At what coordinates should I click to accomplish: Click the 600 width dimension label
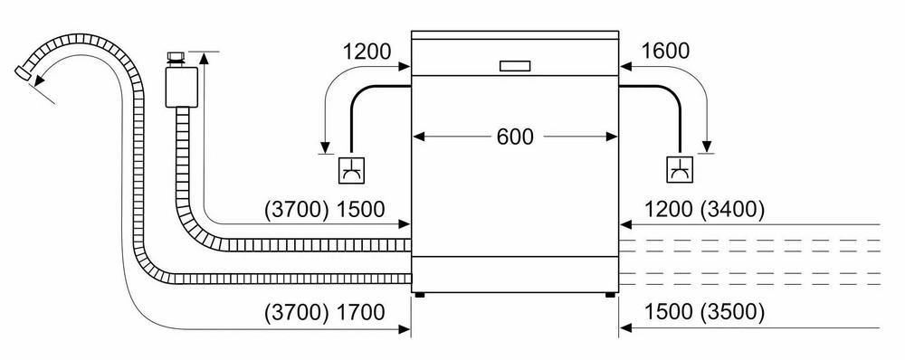click(x=515, y=137)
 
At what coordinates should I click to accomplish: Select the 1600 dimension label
click(x=665, y=52)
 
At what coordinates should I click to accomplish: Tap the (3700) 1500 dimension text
click(x=324, y=210)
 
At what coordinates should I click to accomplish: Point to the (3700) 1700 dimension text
click(x=324, y=312)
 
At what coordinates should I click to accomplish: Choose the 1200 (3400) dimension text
click(x=704, y=210)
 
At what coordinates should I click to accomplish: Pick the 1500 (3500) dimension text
click(x=704, y=312)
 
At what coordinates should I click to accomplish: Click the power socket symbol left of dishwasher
click(x=351, y=170)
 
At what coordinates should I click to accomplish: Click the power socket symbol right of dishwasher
click(x=681, y=170)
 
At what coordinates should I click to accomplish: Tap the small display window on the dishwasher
click(x=515, y=66)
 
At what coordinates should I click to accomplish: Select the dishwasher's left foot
click(x=420, y=294)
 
